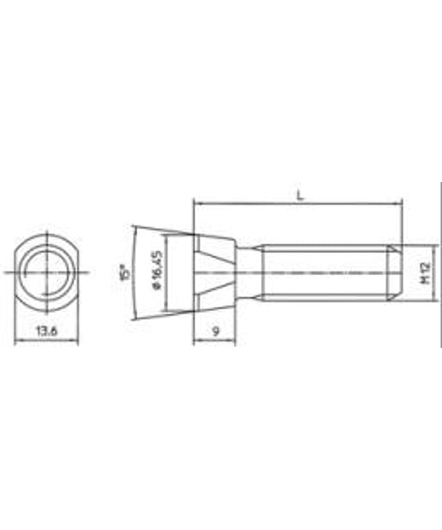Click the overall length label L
299,194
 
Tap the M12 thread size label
425,273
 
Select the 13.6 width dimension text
47,331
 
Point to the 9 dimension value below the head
215,331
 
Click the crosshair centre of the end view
47,272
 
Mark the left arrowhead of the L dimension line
197,203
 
